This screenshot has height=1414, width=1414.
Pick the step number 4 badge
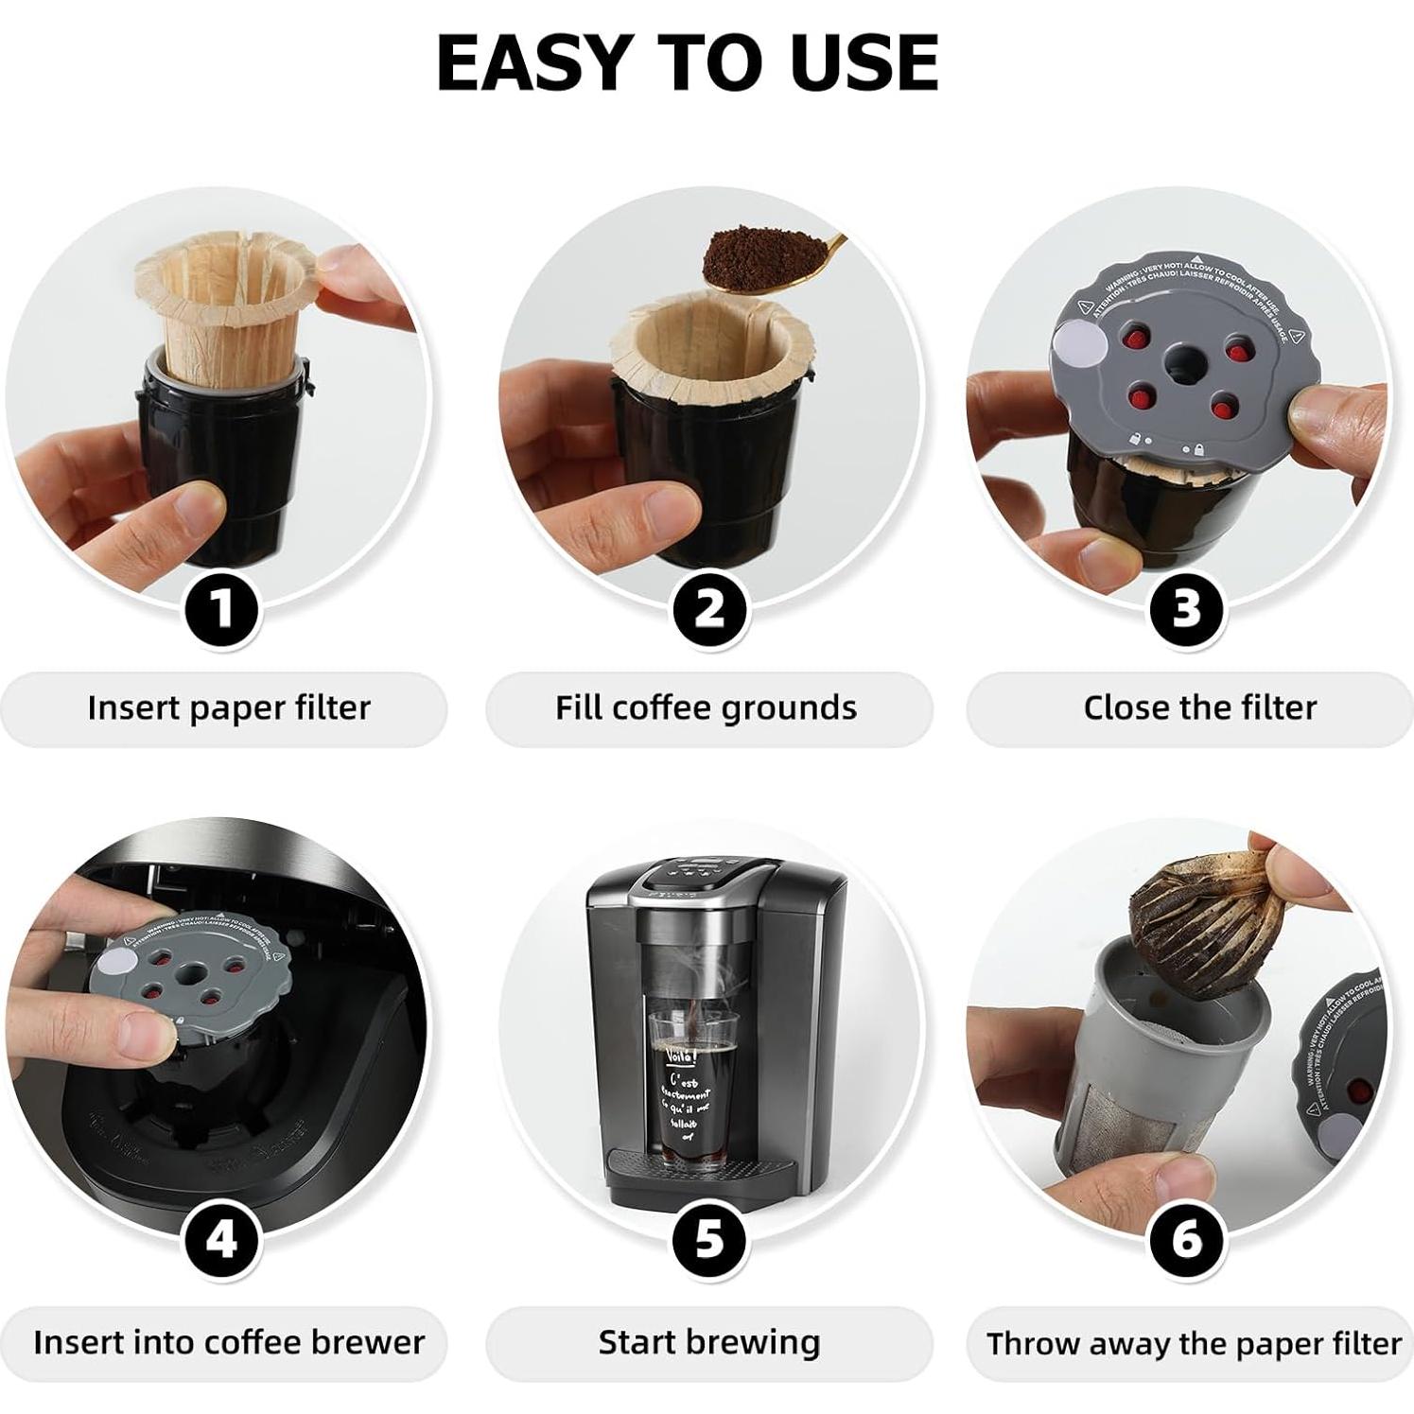point(221,1238)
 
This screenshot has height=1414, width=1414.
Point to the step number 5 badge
point(709,1238)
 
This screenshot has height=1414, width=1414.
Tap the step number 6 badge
point(1186,1238)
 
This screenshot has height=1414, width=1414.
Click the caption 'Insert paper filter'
point(228,707)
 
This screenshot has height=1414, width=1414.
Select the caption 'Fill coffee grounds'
point(706,707)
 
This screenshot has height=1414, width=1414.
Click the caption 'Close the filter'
point(1199,707)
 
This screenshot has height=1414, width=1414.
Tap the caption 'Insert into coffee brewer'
point(228,1342)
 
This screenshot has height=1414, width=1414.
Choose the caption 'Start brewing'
point(708,1342)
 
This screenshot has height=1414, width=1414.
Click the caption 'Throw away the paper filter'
point(1194,1343)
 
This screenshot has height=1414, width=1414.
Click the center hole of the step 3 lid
point(1181,359)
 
